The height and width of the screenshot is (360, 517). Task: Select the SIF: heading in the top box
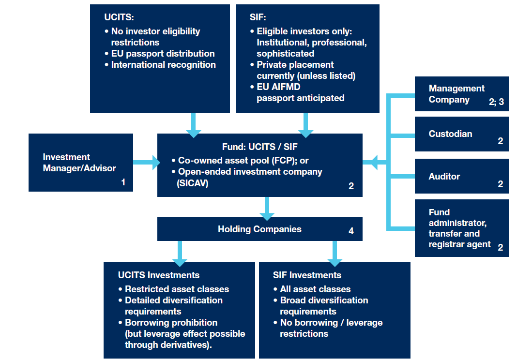258,17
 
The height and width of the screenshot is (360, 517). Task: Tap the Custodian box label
450,134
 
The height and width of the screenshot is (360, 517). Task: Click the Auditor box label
444,177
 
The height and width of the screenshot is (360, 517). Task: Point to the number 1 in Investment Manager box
123,182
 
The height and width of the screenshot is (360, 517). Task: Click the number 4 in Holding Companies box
351,231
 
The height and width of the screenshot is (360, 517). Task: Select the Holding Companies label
259,229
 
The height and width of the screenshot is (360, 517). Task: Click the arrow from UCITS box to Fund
193,125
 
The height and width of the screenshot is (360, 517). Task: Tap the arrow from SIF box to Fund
305,125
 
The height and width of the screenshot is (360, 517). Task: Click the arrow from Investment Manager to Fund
147,163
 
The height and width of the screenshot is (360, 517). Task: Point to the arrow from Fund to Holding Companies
266,208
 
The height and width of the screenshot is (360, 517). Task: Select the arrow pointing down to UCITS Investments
180,253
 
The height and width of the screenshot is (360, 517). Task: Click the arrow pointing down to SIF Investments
335,253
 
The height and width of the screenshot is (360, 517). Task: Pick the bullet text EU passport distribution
163,54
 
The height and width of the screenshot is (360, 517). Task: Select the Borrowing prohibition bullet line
171,323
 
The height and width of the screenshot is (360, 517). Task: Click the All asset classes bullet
315,289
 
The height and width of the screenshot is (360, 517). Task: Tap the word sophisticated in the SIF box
285,54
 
